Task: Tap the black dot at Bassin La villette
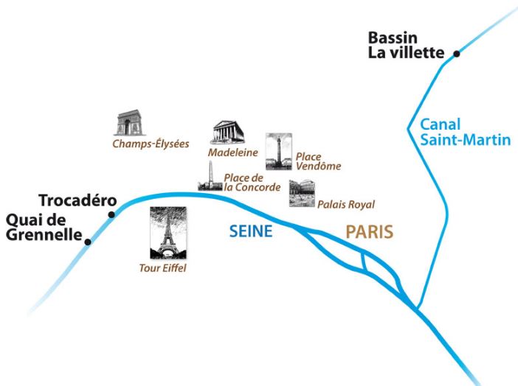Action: click(457, 53)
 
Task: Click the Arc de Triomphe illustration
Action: click(129, 123)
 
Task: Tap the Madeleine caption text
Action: click(232, 152)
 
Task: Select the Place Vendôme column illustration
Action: click(278, 152)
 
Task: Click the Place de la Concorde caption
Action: click(252, 183)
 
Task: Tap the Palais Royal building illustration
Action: click(302, 192)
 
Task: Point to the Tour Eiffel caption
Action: click(163, 268)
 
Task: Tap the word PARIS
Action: click(369, 231)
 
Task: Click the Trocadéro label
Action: click(74, 201)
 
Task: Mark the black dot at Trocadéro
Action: click(111, 214)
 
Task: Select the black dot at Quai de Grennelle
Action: click(88, 240)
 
